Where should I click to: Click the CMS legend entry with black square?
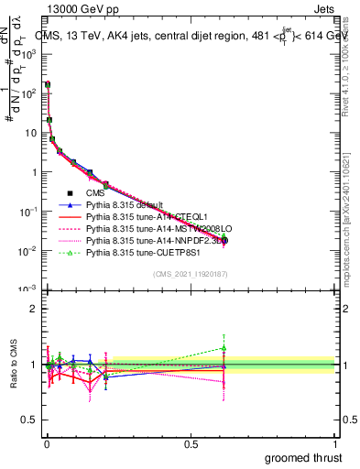coord(95,193)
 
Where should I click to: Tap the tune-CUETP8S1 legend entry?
coord(134,253)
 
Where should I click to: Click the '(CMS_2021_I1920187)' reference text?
coord(191,274)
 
